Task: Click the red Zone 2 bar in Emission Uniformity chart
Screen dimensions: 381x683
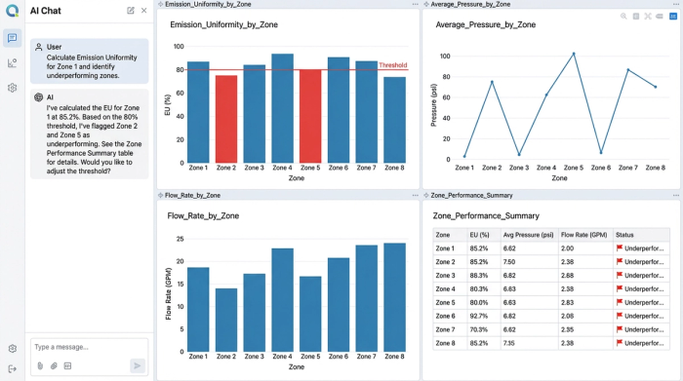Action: click(x=225, y=119)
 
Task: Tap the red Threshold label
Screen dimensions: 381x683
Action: click(x=392, y=65)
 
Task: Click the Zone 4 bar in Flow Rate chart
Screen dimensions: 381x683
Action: click(x=282, y=306)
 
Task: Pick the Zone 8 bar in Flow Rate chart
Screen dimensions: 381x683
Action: click(x=395, y=303)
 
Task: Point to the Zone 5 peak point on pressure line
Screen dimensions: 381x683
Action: click(x=574, y=54)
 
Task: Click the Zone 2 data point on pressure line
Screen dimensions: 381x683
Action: click(x=492, y=82)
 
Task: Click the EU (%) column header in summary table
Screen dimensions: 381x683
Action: click(x=479, y=235)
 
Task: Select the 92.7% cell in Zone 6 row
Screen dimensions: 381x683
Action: click(x=479, y=316)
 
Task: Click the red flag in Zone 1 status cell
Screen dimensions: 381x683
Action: click(x=619, y=248)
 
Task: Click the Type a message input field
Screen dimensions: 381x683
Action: click(x=88, y=346)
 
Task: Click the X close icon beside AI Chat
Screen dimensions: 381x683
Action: click(x=144, y=10)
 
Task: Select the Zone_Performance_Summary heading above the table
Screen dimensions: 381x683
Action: click(x=486, y=215)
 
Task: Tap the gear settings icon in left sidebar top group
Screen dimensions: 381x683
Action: click(x=12, y=88)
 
